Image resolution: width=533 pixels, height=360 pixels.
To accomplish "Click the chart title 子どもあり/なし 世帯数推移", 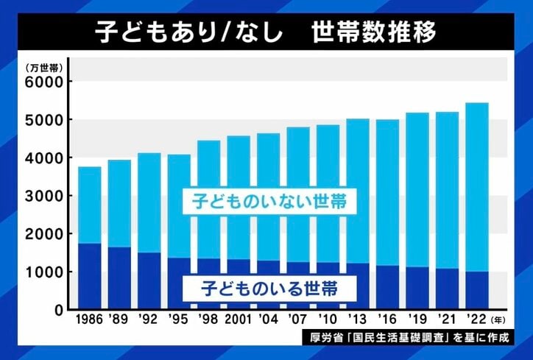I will tap(266, 33).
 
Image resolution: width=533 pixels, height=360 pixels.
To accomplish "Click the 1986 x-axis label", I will tap(89, 321).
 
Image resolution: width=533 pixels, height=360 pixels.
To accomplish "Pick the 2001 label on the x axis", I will tap(238, 321).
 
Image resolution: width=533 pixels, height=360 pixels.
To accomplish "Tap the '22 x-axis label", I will tap(476, 321).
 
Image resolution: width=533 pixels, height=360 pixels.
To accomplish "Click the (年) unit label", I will tap(501, 321).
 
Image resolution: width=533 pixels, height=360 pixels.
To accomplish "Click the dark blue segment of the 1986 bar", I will tap(89, 276).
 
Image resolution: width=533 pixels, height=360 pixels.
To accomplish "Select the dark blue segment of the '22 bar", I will tap(477, 291).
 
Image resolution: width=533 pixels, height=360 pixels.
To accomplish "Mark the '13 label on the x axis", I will tap(358, 321).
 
